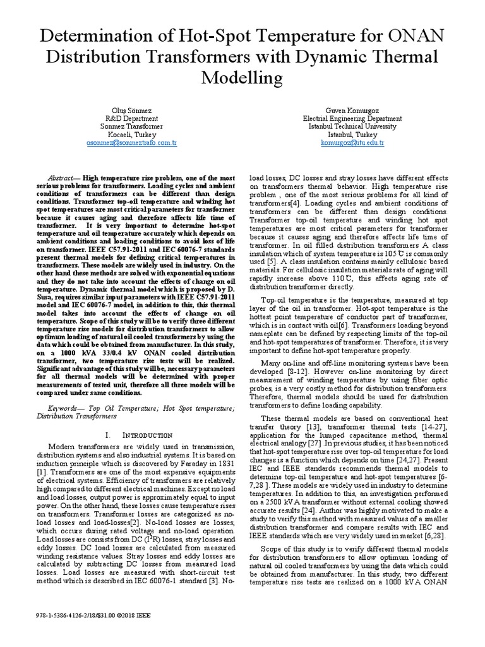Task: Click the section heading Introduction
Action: [x=149, y=435]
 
